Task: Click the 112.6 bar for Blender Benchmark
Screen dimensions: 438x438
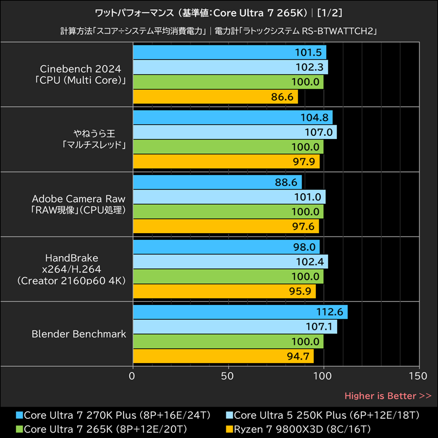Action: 240,312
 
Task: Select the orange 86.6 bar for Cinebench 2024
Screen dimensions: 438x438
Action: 215,97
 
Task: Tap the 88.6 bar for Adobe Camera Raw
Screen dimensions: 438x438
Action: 217,182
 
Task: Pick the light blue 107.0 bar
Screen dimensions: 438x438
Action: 234,132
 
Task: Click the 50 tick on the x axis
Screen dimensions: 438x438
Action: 228,376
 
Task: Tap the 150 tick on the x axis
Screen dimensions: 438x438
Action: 418,376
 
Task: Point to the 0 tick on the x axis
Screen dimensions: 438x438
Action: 132,376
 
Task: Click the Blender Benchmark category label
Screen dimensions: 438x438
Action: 79,334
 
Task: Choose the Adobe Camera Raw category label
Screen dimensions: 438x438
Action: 79,204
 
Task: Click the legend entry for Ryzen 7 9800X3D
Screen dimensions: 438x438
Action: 301,428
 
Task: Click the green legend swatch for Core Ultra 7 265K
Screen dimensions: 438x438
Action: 20,428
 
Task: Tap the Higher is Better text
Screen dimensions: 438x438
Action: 388,395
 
